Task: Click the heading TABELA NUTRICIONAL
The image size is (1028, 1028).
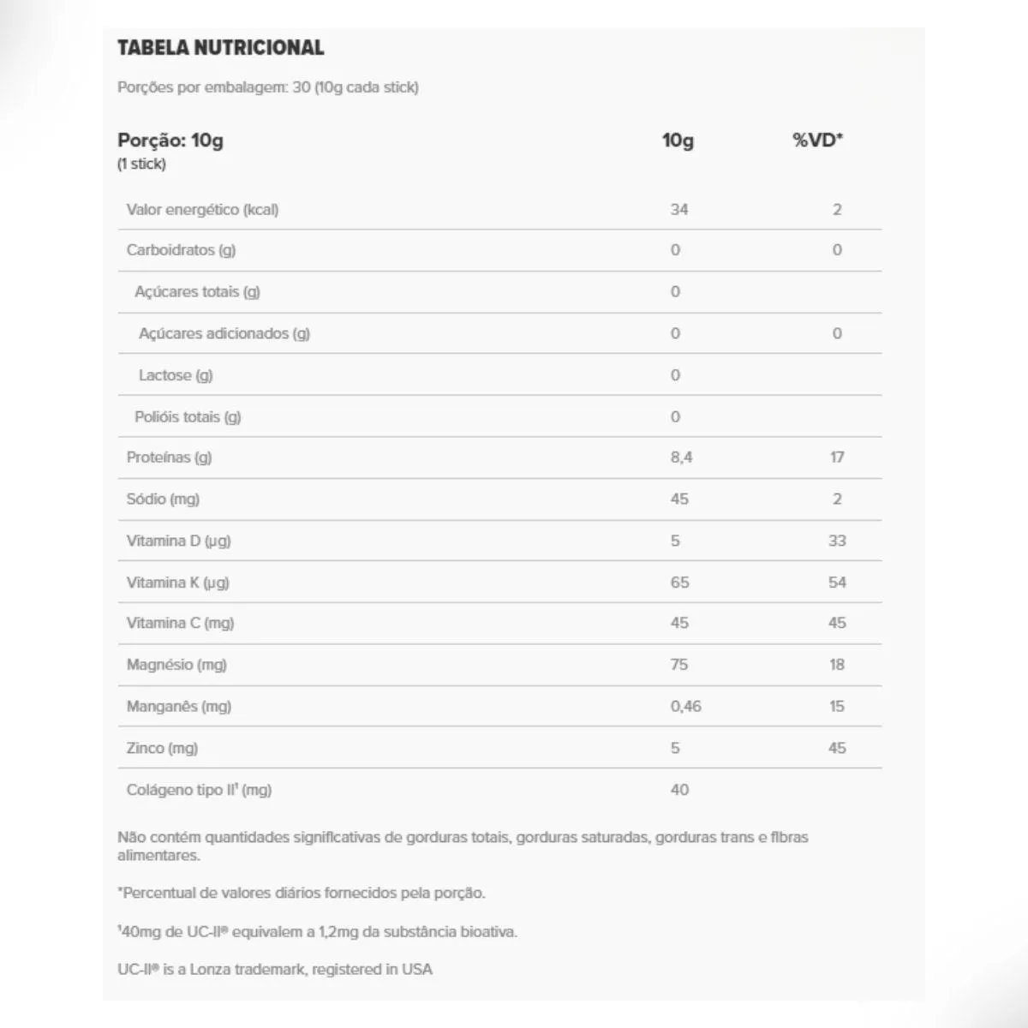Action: [220, 48]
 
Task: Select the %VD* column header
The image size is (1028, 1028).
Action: [817, 140]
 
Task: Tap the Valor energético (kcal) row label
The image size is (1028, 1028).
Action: [202, 209]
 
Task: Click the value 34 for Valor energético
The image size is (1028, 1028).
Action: [678, 209]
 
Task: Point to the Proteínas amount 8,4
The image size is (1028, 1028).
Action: [681, 457]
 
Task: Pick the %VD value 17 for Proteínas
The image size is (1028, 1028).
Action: [837, 457]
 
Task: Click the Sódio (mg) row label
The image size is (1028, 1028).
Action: [163, 499]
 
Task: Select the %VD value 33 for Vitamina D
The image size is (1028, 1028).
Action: [837, 541]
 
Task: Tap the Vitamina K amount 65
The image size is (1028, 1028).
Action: [678, 583]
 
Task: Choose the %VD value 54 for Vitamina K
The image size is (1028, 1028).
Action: [837, 583]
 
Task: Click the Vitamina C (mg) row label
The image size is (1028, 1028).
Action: [180, 623]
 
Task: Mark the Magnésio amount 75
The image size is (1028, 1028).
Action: [678, 665]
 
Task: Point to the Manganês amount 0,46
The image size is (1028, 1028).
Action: [685, 707]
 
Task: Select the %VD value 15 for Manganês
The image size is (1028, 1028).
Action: [837, 707]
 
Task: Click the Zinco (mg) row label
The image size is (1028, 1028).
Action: [162, 748]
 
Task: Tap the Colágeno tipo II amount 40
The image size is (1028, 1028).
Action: [678, 790]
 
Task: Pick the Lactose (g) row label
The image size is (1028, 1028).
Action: [176, 375]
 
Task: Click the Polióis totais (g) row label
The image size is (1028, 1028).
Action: [188, 417]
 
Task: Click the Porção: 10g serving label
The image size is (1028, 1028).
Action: [170, 140]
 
